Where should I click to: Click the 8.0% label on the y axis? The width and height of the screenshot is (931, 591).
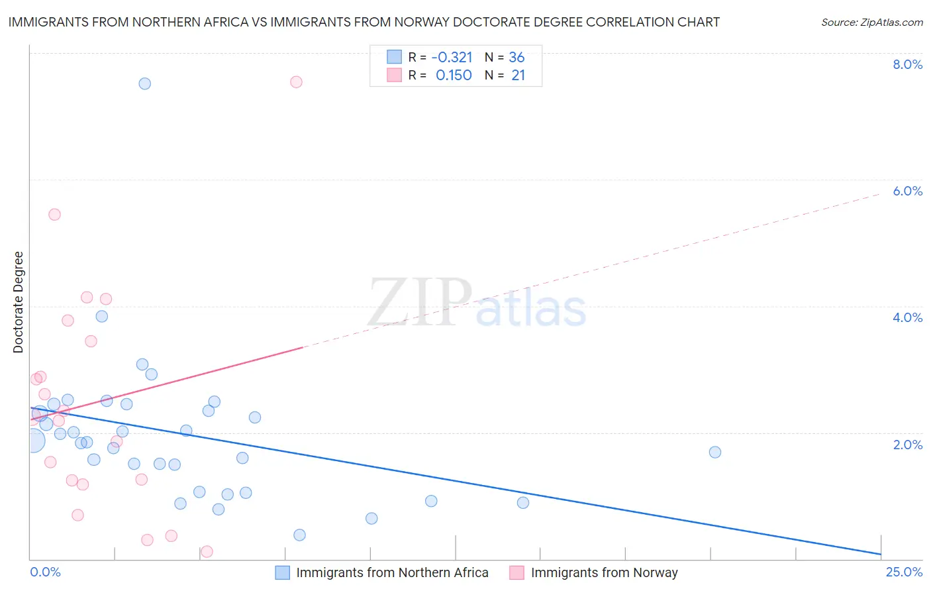click(x=907, y=64)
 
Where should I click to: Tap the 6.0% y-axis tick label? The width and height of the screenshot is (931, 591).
click(x=907, y=191)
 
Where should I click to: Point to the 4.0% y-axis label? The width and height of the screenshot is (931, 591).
click(x=907, y=317)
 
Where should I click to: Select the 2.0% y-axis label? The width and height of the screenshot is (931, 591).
click(x=907, y=445)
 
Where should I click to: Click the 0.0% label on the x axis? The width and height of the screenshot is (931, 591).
click(x=45, y=572)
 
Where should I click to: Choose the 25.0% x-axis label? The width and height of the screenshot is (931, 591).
click(x=904, y=572)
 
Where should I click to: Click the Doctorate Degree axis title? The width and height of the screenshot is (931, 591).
click(x=18, y=302)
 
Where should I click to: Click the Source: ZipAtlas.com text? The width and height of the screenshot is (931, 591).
click(x=871, y=22)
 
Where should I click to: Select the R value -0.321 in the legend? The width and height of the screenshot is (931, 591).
click(x=452, y=57)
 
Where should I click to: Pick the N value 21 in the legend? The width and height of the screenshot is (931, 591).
click(x=518, y=76)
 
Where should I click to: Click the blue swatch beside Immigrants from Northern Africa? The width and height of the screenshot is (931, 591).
click(x=283, y=572)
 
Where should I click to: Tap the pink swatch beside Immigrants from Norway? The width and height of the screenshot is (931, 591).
click(x=517, y=572)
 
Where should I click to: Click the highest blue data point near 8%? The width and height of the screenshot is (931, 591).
click(x=144, y=83)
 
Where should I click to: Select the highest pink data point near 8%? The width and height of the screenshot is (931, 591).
click(x=296, y=82)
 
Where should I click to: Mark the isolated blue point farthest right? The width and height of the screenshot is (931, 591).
click(x=714, y=452)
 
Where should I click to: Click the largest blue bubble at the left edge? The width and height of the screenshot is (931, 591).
click(x=33, y=441)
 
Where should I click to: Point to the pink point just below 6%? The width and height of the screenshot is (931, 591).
click(x=54, y=215)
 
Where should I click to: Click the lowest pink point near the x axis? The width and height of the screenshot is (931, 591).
click(x=207, y=551)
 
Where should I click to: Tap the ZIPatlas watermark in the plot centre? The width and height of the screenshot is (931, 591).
click(x=477, y=303)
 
